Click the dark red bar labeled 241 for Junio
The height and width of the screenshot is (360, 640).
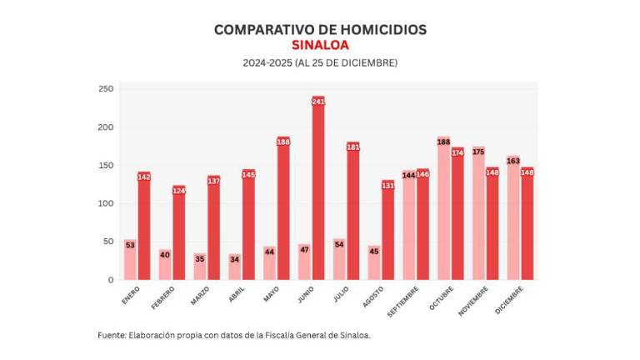[x=317, y=192]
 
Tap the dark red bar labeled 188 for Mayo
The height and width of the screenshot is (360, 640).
[x=283, y=212]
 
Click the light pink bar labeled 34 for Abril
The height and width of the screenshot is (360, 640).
[x=235, y=268]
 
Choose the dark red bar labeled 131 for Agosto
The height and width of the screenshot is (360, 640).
[x=387, y=233]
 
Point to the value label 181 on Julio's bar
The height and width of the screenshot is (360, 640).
[x=352, y=147]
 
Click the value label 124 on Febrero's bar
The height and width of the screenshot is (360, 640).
[x=178, y=191]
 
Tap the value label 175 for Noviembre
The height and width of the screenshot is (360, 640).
[x=478, y=152]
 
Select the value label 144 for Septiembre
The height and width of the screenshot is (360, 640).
[x=408, y=176]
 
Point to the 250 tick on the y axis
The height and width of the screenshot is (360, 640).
[x=106, y=89]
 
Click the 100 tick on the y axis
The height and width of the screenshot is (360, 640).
[x=106, y=203]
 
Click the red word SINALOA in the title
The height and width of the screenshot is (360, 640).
[x=320, y=45]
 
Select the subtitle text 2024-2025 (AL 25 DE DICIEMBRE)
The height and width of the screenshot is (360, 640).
[x=320, y=63]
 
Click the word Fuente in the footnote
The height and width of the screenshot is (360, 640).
[x=111, y=335]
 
